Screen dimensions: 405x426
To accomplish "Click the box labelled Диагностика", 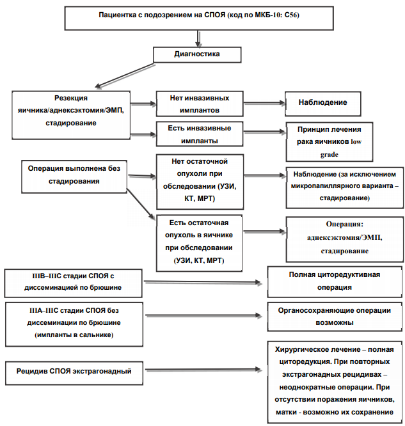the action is tap(197, 55).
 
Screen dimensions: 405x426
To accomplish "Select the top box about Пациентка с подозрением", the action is tap(199, 18).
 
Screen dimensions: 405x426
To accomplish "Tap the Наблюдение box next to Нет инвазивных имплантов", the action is tap(323, 104).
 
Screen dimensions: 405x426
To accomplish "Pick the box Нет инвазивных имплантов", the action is tap(200, 104).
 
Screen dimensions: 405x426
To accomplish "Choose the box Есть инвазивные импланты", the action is tap(200, 134).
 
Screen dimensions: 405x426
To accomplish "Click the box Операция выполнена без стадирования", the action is tap(74, 177).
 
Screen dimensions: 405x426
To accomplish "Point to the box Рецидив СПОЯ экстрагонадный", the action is tap(74, 373).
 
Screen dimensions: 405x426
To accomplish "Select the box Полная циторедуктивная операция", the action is tap(335, 281).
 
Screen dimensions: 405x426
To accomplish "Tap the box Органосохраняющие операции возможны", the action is tap(335, 317).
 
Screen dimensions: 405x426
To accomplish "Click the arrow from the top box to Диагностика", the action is tap(198, 38).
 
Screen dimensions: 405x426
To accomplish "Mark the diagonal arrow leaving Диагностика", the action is tap(125, 75).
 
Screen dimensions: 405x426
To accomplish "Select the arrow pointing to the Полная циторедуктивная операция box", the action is tap(203, 283).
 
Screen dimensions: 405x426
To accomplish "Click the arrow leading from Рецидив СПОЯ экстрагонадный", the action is tap(203, 370).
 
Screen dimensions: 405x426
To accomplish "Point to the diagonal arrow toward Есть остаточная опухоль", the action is tap(141, 204).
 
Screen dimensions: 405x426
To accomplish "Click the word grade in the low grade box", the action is tap(329, 155).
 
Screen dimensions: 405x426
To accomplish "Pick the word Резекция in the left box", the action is tap(71, 98).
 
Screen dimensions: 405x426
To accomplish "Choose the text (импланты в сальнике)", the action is tap(74, 335).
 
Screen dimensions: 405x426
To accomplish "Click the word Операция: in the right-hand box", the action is tap(344, 224).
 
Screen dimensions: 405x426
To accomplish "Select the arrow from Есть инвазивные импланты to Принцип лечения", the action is tap(264, 132).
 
